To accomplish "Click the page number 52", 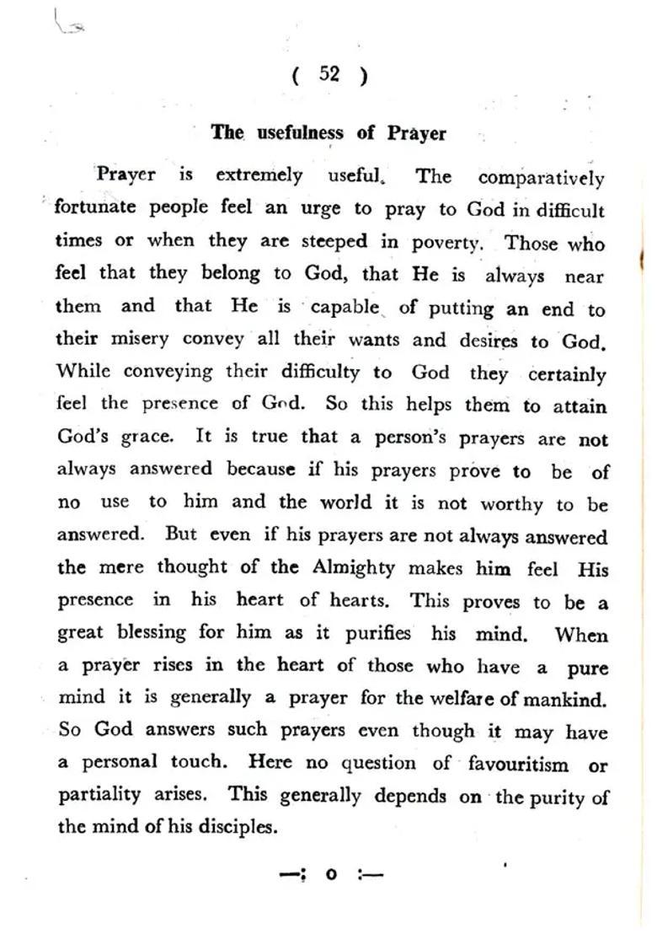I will click(329, 74).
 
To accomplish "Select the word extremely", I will click(259, 175).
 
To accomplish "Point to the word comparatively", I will click(541, 178).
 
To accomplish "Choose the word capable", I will click(345, 307).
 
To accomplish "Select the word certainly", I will click(567, 374).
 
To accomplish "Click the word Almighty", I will click(354, 567).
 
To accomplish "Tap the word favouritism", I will click(517, 765).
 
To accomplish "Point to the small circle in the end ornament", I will click(331, 874).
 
